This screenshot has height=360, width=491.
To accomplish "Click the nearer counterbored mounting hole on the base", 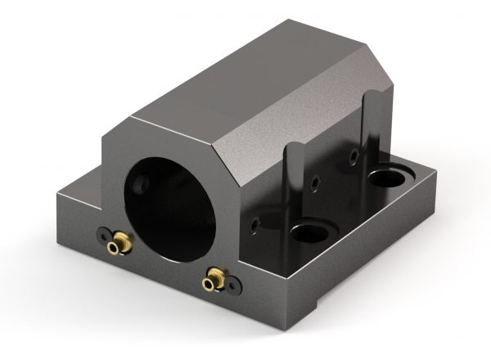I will point(310,233).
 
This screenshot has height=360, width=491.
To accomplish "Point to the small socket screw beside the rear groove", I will point(354,155).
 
